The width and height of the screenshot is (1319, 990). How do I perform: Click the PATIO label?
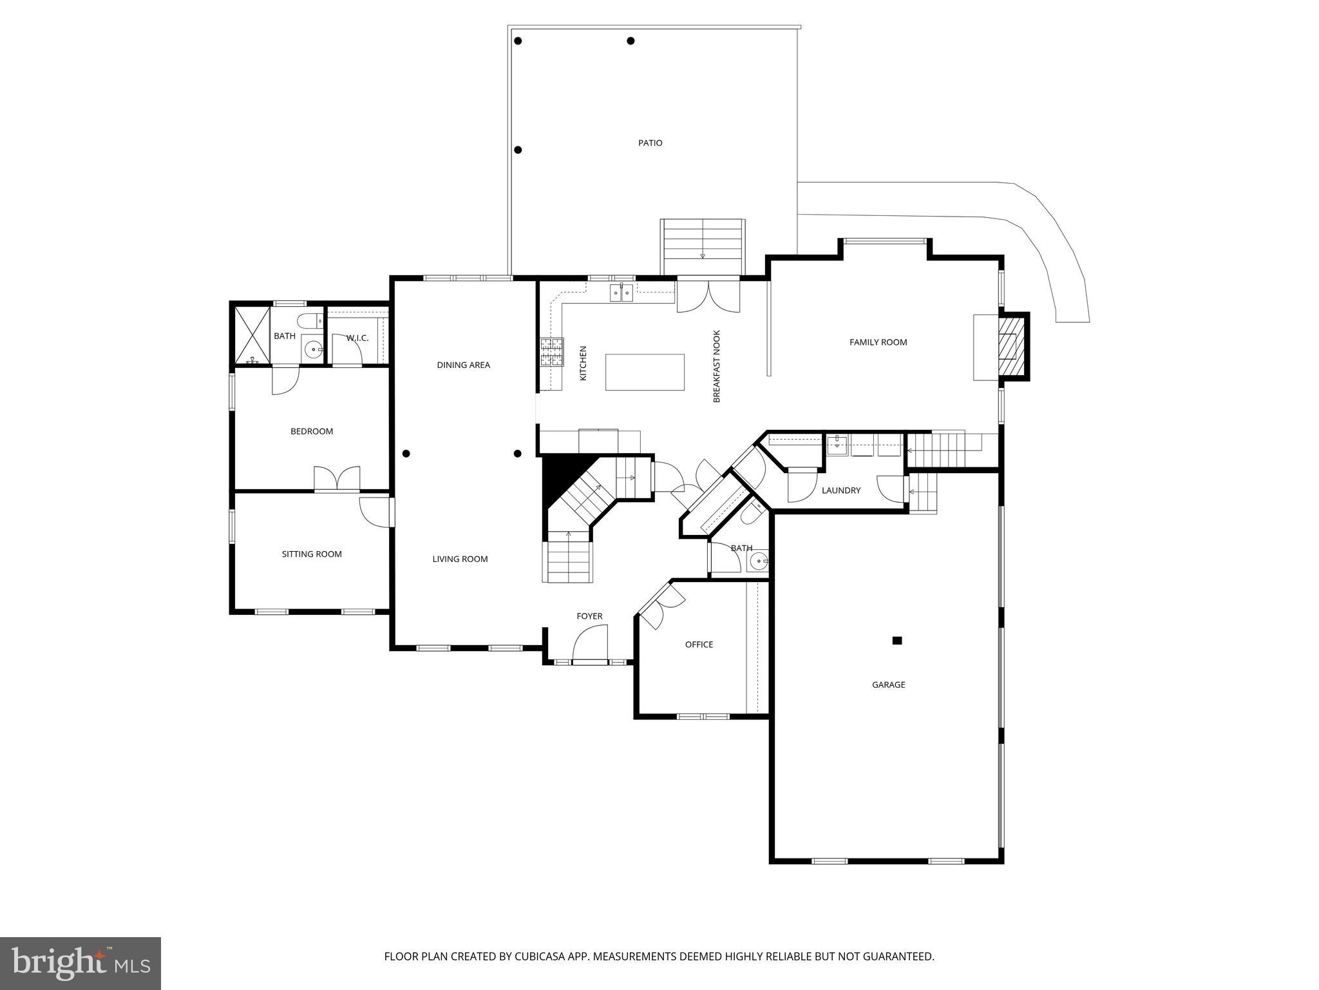point(650,143)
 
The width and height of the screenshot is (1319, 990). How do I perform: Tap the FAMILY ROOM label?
point(878,342)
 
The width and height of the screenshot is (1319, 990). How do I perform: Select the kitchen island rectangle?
point(645,372)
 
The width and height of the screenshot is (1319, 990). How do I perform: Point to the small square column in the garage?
point(897,641)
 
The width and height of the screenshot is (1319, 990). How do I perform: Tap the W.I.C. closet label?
point(357,338)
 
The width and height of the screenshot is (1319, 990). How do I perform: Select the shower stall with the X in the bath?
point(252,335)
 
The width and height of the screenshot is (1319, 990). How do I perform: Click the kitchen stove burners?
point(551,351)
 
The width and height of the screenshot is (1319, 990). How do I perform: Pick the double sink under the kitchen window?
point(622,294)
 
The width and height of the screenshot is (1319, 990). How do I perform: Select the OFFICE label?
point(699,645)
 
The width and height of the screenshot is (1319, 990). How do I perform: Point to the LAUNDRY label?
point(841,490)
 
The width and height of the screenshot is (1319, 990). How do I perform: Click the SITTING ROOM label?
point(312,554)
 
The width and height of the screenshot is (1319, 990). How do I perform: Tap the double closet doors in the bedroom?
point(337,478)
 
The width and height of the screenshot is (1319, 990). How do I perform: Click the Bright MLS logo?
point(81,964)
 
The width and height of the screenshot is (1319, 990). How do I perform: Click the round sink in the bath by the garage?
point(760,561)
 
